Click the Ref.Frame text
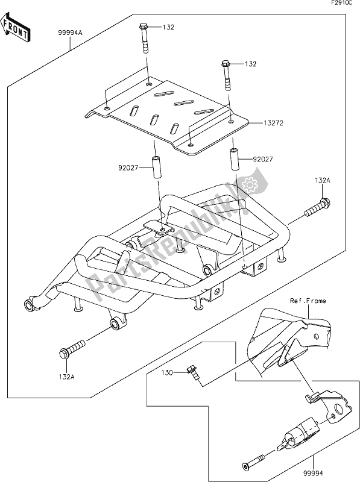(x=307, y=299)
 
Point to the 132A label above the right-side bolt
(x=321, y=181)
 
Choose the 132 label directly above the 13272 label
(x=250, y=64)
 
